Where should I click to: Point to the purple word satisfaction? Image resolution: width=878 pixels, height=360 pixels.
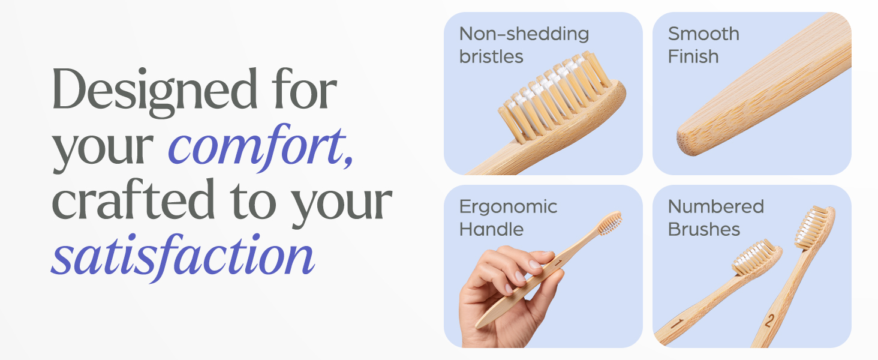click(183, 255)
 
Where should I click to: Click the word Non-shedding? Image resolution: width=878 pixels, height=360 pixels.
click(524, 34)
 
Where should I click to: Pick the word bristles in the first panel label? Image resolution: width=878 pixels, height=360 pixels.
click(491, 56)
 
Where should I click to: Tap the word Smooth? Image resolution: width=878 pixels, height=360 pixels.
click(703, 34)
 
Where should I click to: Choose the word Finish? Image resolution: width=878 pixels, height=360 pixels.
click(693, 56)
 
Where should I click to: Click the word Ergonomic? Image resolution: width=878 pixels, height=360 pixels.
click(509, 207)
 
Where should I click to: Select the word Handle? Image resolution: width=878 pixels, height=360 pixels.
click(491, 229)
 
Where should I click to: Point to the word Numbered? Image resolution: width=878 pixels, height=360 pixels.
click(716, 207)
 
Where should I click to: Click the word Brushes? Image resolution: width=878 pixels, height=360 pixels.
click(704, 229)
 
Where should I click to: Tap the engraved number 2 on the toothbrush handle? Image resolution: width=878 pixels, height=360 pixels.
click(769, 321)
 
